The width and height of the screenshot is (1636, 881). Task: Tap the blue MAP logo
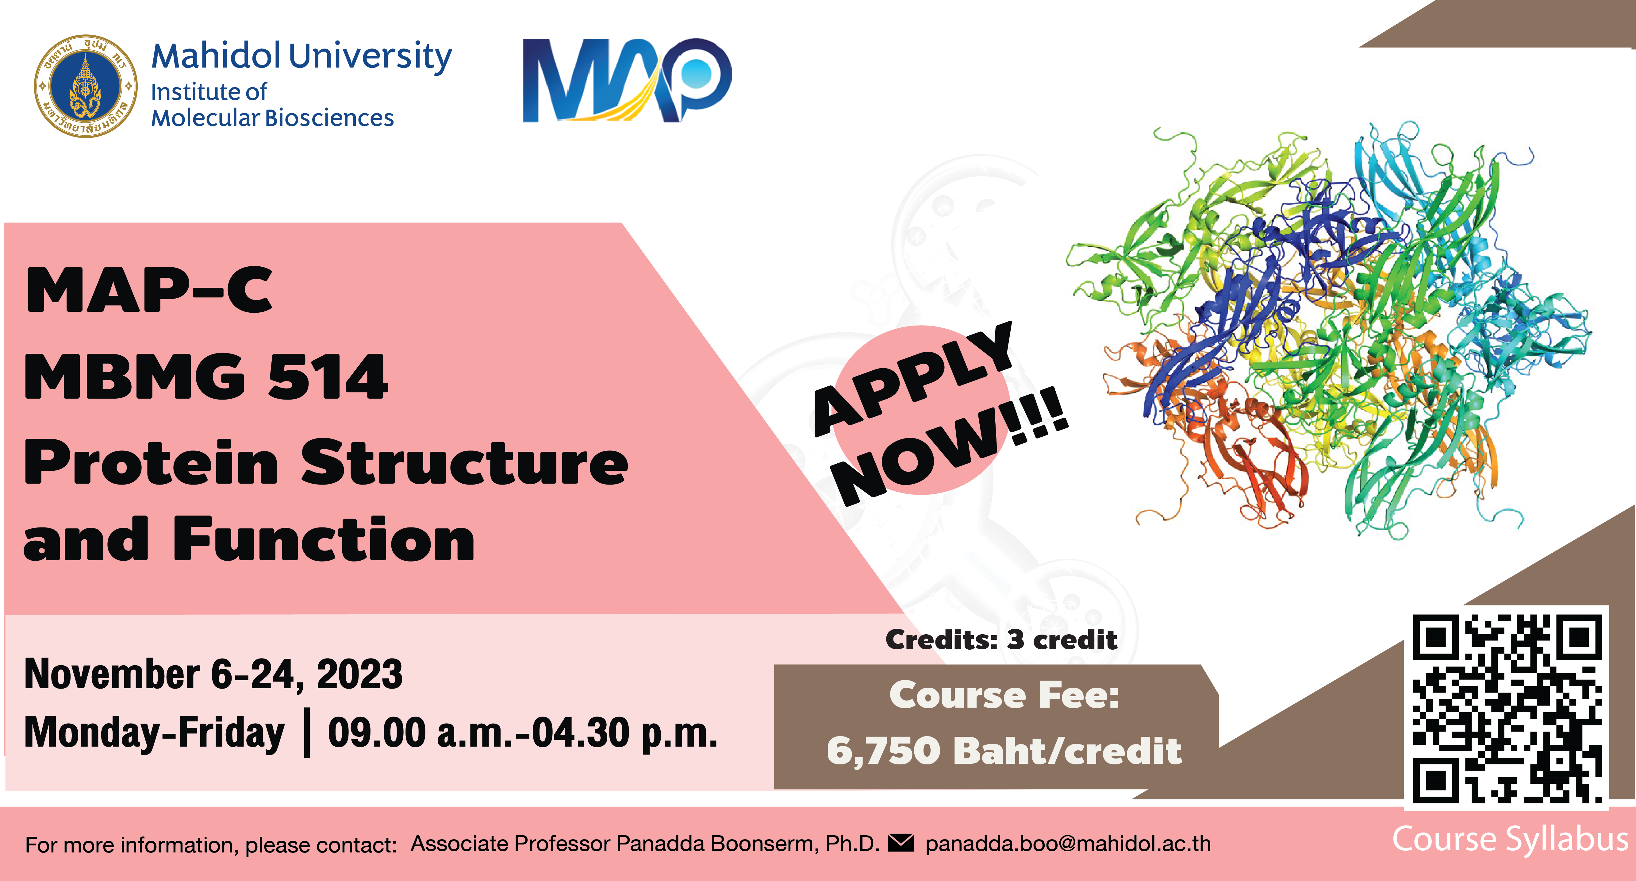[x=626, y=80]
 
